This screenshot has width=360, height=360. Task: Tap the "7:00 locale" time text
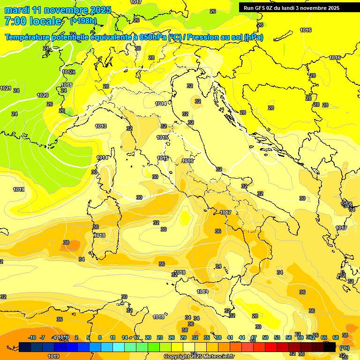tap(33, 21)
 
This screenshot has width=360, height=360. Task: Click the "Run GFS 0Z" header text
tap(261, 8)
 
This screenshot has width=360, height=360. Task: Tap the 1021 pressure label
tap(6, 88)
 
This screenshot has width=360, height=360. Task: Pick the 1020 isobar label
tap(43, 95)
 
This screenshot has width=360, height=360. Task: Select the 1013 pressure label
tap(101, 126)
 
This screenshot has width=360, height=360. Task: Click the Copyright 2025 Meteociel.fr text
tap(199, 356)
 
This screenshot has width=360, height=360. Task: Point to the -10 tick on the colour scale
tap(32, 337)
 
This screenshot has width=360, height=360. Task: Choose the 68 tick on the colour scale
tap(336, 337)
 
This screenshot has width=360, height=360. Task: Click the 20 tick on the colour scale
tap(148, 337)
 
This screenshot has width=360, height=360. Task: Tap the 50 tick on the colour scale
tap(265, 337)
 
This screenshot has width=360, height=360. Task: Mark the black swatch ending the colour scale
tap(330, 347)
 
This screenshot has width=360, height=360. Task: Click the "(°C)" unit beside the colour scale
tap(345, 348)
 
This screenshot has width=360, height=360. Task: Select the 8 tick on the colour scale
tap(100, 337)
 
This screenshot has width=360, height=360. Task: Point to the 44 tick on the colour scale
tap(242, 337)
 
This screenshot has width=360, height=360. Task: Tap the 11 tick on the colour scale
tap(112, 337)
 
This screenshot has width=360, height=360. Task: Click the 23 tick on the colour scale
tap(160, 337)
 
